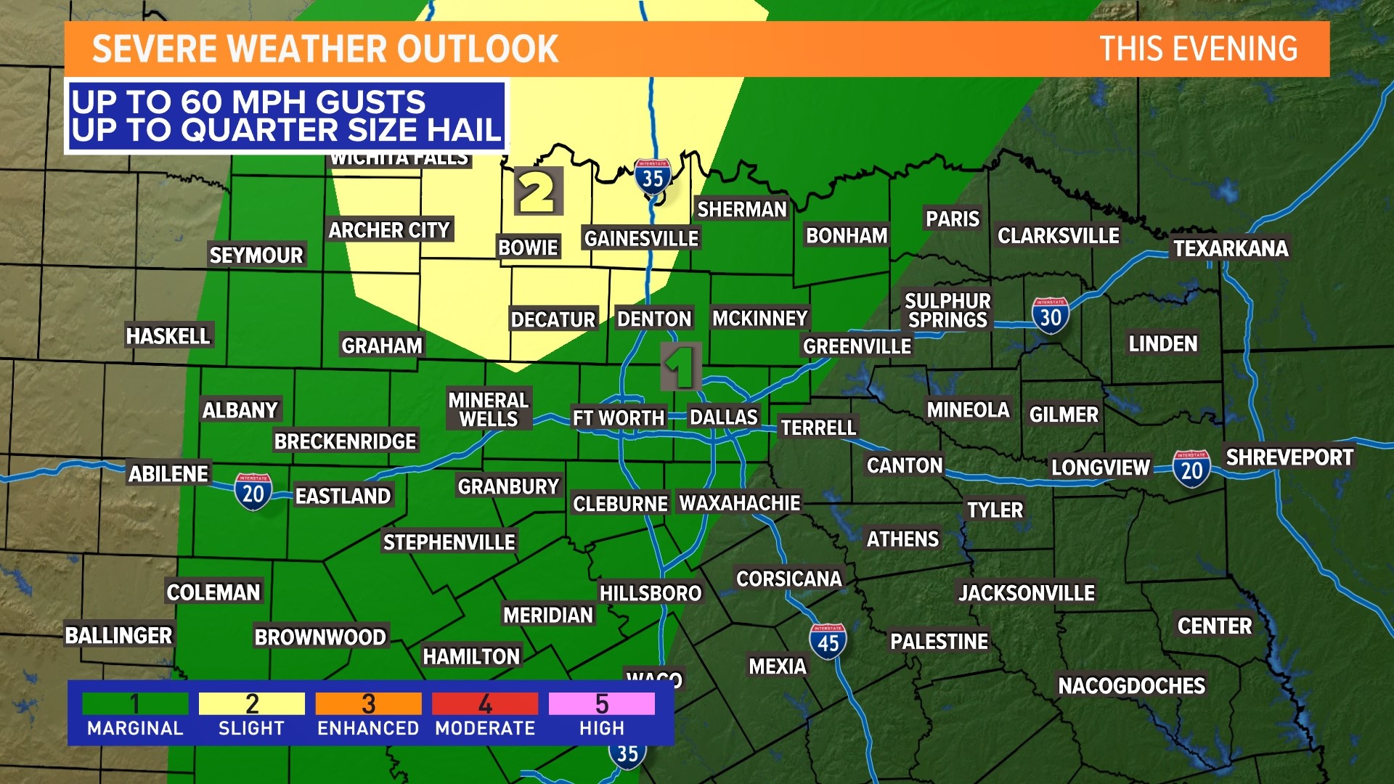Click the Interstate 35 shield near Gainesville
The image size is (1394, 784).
point(652,176)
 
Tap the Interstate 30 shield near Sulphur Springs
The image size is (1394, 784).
point(1050,316)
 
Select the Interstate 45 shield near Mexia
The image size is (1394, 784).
point(828,642)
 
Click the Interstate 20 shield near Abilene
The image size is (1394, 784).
point(253,492)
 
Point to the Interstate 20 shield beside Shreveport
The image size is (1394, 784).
point(1191,469)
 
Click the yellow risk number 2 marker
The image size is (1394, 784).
point(538,192)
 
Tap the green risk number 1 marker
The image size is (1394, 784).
point(681,367)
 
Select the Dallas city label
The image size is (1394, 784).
point(723,417)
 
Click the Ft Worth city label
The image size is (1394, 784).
point(618,418)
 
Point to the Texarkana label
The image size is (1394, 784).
point(1231,249)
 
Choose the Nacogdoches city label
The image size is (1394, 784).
point(1131,685)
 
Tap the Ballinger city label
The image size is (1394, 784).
point(119,636)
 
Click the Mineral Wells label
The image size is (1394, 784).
point(489,409)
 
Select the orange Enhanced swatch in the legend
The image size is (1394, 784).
point(368,703)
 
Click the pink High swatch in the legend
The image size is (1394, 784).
point(601,703)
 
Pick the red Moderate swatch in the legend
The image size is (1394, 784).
point(485,703)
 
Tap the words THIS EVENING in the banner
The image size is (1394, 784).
point(1198,49)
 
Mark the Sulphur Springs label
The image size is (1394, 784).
point(947,310)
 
